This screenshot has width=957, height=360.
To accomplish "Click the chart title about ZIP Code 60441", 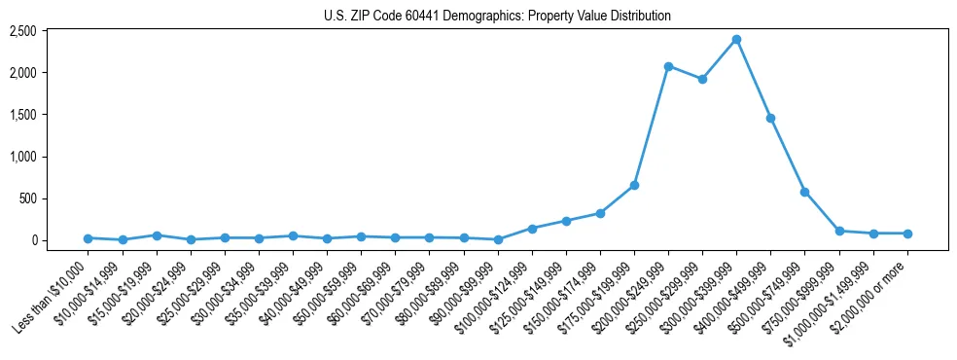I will [497, 17].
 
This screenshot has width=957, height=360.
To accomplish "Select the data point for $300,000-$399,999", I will [736, 40].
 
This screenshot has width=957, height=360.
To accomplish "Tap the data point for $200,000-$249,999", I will [668, 66].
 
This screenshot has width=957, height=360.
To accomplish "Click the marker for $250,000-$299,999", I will [702, 79].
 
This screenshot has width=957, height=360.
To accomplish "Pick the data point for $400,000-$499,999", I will [770, 118].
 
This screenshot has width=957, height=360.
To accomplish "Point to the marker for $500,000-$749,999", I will [804, 192].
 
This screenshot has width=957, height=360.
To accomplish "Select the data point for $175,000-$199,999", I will [634, 185].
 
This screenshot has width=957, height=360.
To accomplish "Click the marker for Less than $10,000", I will [88, 238].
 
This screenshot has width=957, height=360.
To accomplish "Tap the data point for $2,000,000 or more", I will [907, 234].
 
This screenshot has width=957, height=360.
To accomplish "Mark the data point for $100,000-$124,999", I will [532, 229].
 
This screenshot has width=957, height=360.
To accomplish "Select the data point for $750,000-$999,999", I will [839, 232].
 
